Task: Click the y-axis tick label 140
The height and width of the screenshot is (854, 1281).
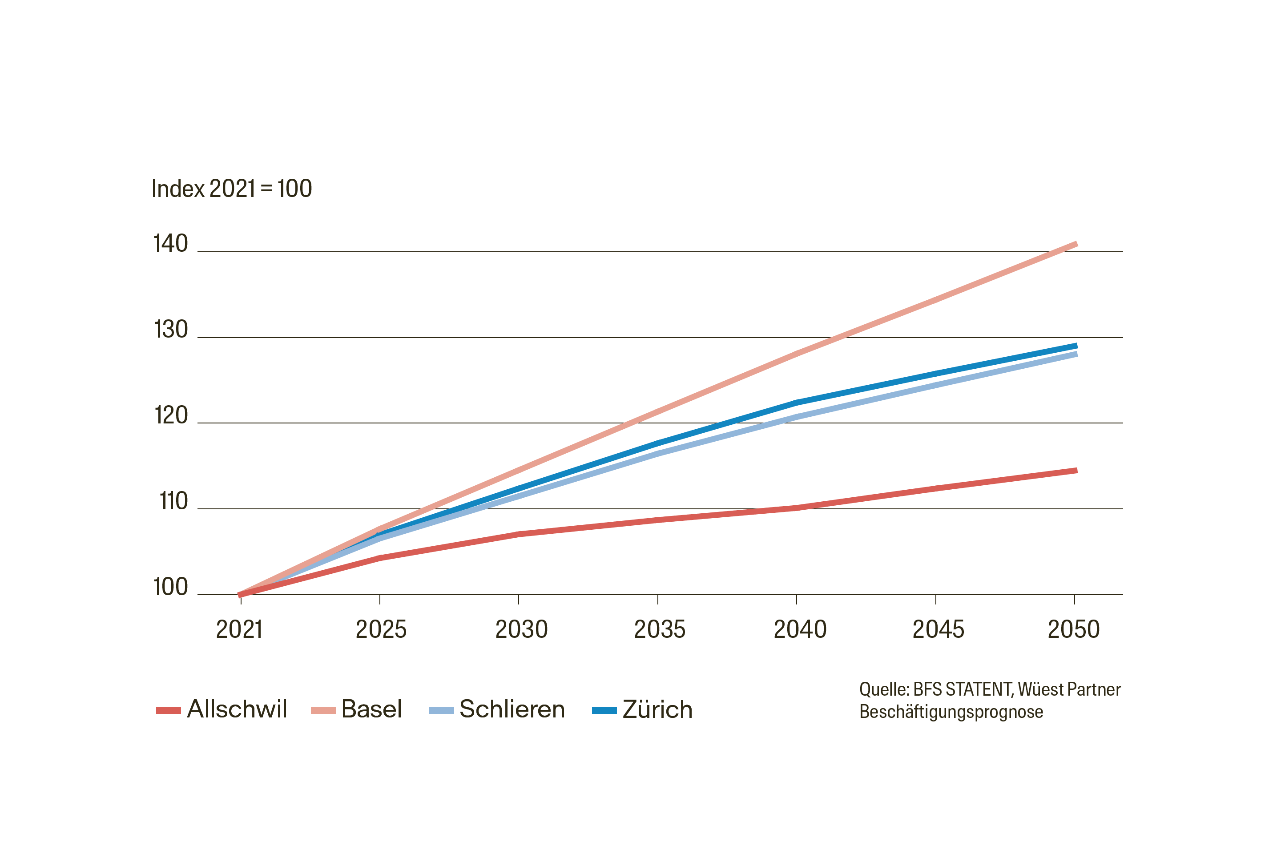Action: click(170, 243)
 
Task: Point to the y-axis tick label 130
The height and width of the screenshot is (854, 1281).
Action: click(170, 330)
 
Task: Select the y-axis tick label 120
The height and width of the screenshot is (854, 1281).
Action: click(170, 415)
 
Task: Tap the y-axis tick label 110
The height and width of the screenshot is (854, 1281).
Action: click(173, 501)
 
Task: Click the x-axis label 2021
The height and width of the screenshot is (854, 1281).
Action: click(239, 630)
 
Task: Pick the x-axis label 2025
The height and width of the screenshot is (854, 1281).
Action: click(381, 630)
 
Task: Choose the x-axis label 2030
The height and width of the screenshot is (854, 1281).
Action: click(521, 630)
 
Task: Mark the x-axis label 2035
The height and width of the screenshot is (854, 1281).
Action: click(660, 630)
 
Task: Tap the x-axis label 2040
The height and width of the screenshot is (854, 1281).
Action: click(800, 630)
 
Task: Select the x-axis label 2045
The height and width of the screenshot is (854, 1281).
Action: click(938, 630)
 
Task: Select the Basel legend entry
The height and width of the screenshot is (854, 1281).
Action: click(357, 709)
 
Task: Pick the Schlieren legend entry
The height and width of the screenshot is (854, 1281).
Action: click(497, 709)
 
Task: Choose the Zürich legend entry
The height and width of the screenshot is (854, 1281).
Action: click(643, 709)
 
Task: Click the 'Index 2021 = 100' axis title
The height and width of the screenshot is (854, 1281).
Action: click(231, 189)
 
